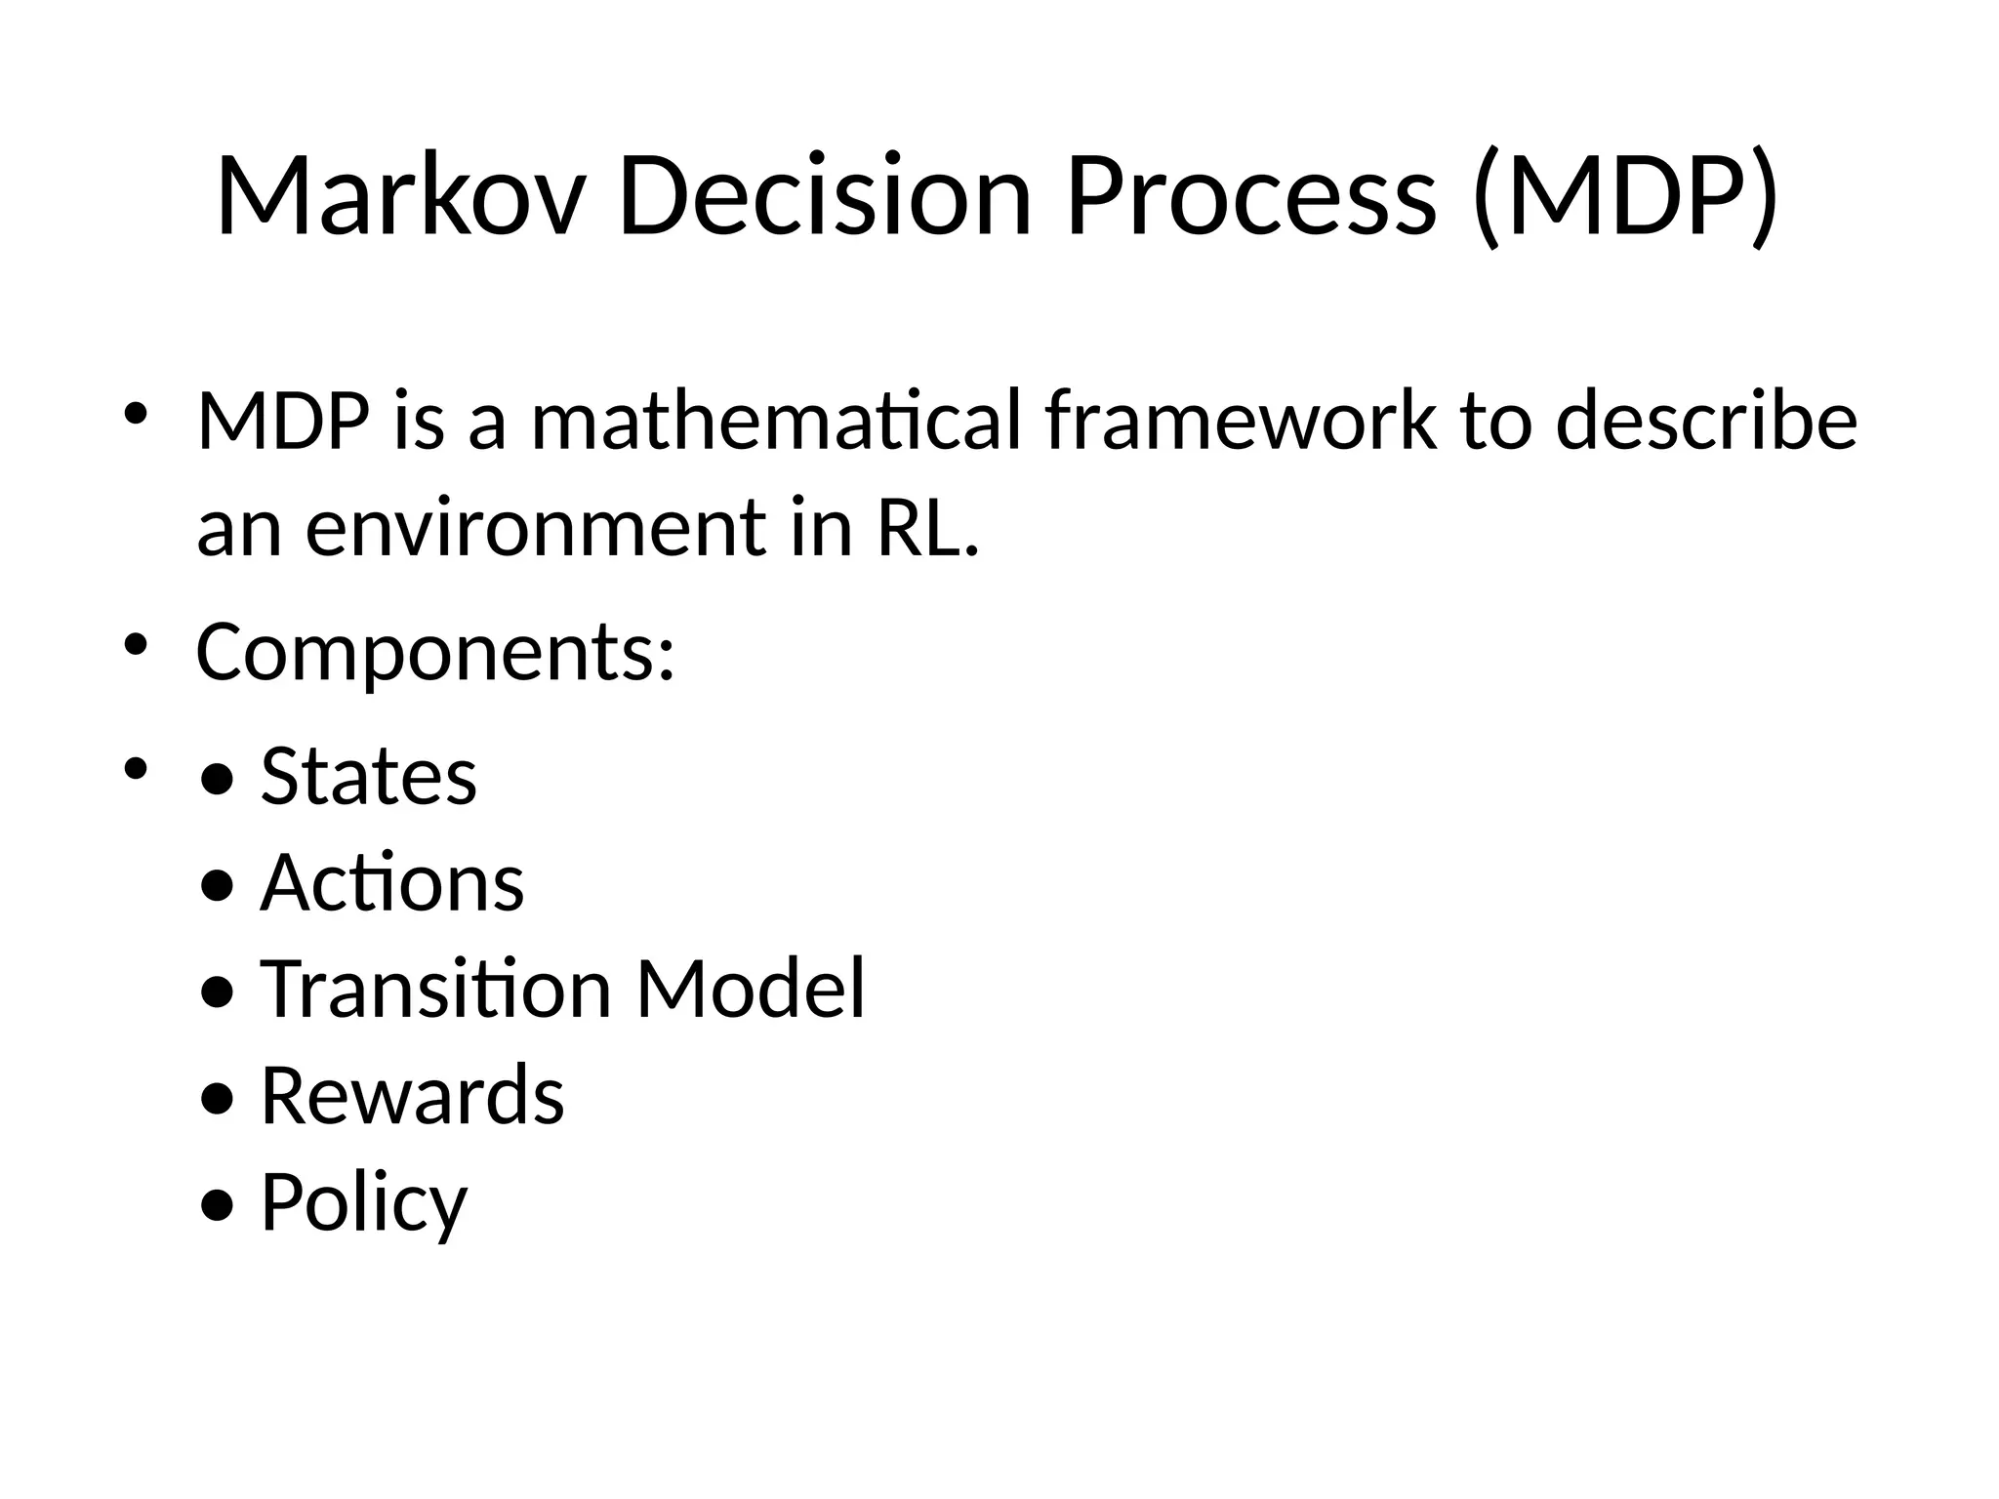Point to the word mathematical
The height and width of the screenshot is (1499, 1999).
(776, 422)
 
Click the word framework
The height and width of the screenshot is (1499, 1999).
(1241, 422)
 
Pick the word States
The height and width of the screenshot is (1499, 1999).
(369, 777)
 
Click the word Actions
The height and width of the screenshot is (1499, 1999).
(392, 883)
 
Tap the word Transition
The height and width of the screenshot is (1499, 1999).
(435, 990)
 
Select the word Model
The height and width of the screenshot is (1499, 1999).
(751, 990)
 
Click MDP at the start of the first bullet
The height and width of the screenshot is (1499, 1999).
(283, 422)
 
